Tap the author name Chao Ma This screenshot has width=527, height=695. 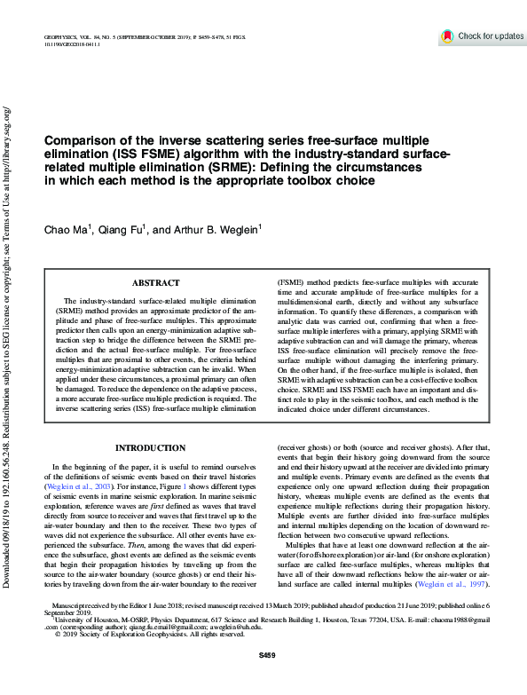[x=64, y=230]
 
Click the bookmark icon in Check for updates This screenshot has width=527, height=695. [x=447, y=36]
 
